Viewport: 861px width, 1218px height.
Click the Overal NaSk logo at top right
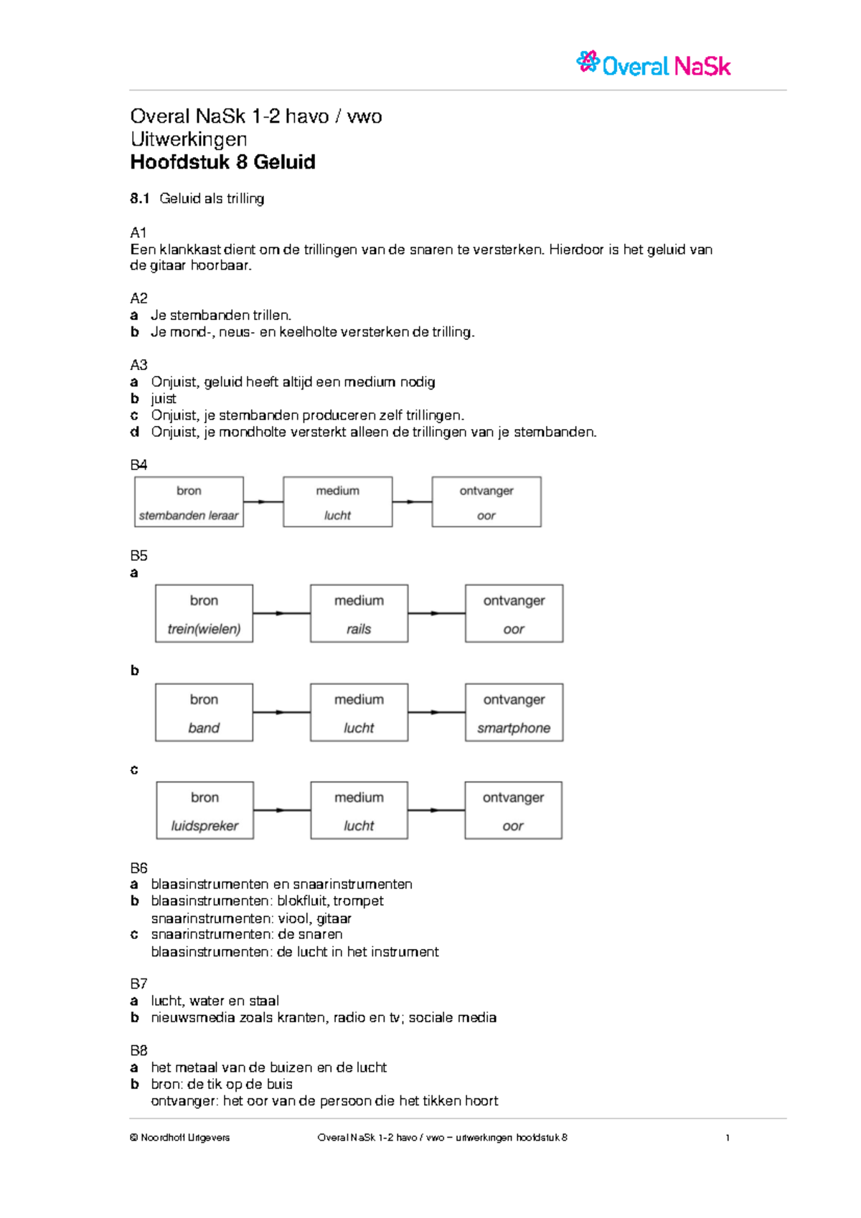click(x=654, y=65)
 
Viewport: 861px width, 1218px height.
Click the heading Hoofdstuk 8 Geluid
click(x=222, y=162)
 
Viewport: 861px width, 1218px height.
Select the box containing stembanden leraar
click(x=189, y=502)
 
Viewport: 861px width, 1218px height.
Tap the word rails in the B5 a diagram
click(x=359, y=629)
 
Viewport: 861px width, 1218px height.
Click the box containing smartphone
click(x=514, y=712)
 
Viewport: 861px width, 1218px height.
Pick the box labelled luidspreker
click(x=204, y=811)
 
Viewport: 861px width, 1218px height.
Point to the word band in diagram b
click(x=204, y=728)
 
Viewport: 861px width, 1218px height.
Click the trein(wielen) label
click(x=204, y=629)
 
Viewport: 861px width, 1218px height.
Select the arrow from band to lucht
click(x=281, y=712)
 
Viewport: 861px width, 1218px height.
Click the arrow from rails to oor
click(x=436, y=613)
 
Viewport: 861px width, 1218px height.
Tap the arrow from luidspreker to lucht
click(x=282, y=811)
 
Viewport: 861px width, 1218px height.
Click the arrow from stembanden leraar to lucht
click(x=263, y=502)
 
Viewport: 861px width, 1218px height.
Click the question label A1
click(x=138, y=232)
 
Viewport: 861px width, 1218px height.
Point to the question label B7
click(x=138, y=983)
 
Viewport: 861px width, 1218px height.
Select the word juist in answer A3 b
click(x=164, y=399)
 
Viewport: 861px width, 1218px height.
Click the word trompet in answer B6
click(x=358, y=901)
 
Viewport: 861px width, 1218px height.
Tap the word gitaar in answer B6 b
click(x=334, y=918)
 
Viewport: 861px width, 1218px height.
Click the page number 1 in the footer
click(x=728, y=1138)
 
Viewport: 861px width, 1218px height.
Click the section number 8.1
click(x=139, y=199)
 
